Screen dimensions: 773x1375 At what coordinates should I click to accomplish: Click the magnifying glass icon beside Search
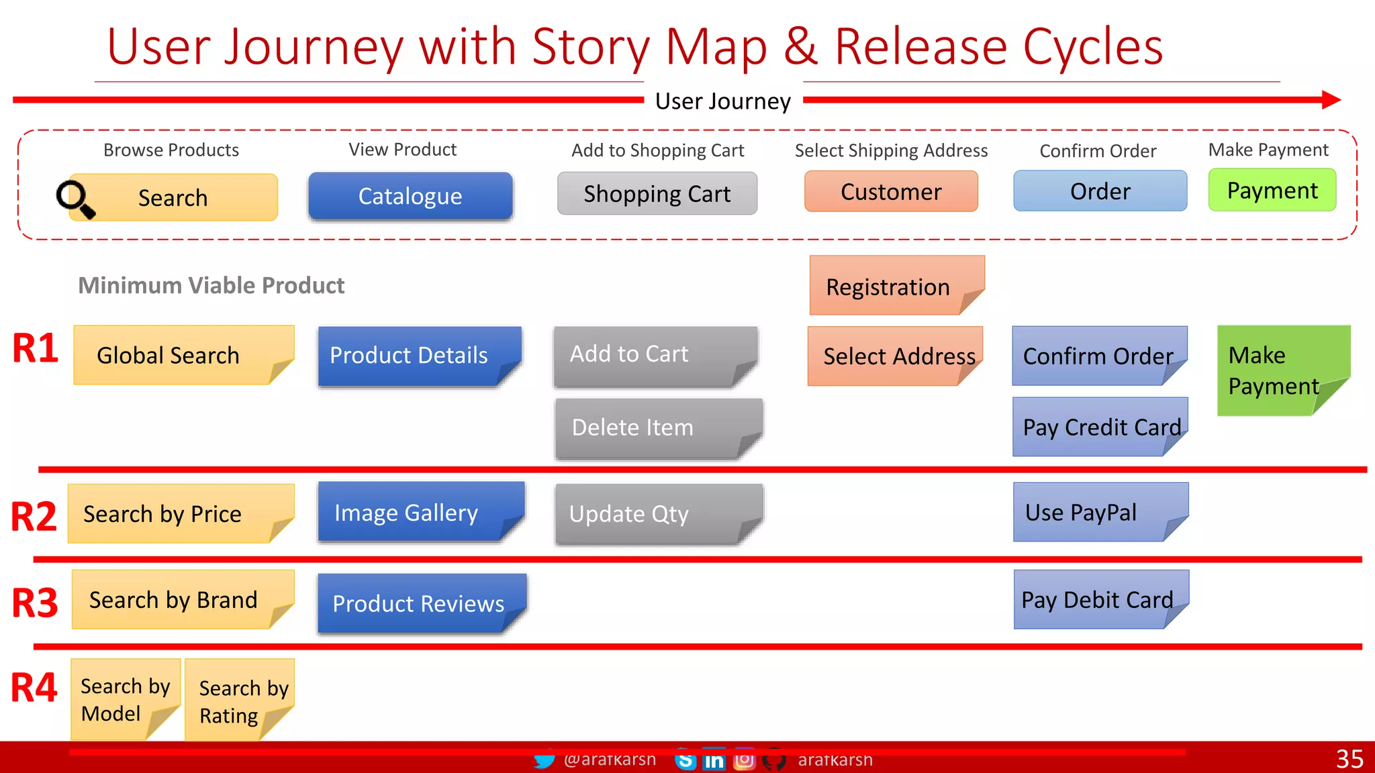75,199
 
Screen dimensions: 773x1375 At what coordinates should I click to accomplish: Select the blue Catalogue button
410,196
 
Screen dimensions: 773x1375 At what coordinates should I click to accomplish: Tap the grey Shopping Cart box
657,194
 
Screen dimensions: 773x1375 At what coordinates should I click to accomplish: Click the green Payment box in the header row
1272,191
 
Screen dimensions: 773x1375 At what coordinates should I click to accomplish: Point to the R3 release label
35,602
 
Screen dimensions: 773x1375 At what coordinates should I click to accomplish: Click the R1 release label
35,348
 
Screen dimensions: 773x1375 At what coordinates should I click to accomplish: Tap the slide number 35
1349,759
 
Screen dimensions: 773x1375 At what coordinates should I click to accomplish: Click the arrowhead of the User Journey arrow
1331,100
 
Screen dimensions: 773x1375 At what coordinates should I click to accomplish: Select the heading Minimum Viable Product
211,285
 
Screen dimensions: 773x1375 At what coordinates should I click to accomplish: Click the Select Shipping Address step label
891,150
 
